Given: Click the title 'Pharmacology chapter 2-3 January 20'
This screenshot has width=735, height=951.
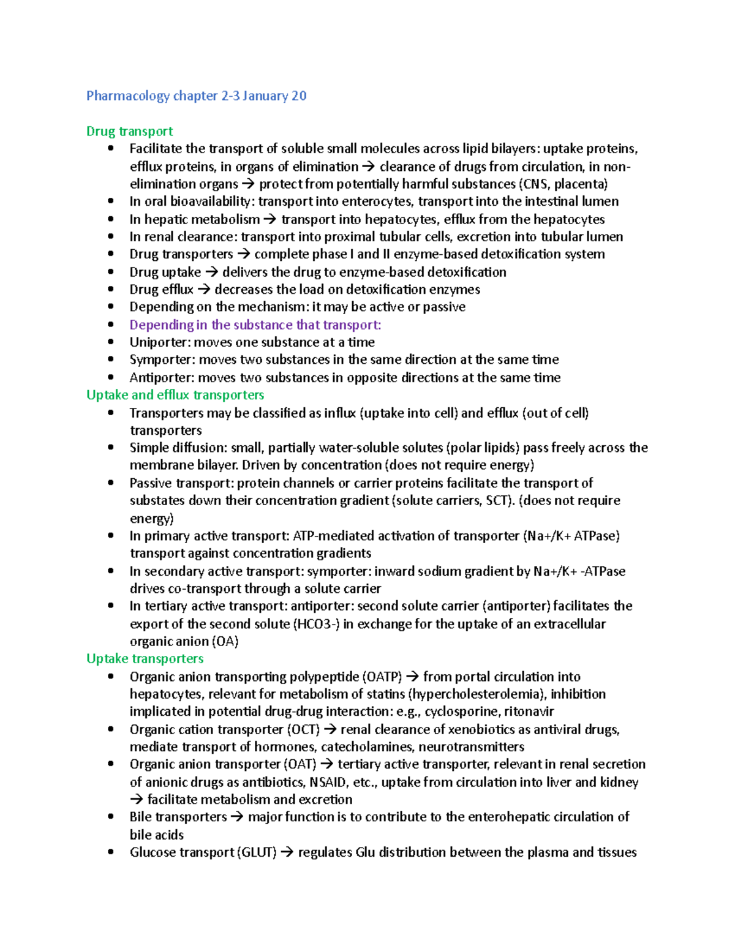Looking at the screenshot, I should pos(196,96).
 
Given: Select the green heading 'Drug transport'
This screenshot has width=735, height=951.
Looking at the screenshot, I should pos(129,131).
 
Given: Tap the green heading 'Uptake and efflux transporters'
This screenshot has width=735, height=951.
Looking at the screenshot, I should pos(175,395).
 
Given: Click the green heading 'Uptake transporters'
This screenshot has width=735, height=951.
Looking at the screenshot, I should pos(145,659).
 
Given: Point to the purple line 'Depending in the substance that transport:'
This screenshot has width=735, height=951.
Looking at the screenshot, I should pos(255,325).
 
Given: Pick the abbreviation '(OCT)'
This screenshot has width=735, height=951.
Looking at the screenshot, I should pos(303,729).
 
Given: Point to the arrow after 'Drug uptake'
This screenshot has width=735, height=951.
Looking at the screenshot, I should pos(211,272).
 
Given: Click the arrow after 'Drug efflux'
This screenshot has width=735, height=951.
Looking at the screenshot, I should pos(203,290).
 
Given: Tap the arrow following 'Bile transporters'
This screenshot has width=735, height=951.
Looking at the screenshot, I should pos(237,817).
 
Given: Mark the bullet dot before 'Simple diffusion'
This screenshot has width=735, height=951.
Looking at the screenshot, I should pos(110,448).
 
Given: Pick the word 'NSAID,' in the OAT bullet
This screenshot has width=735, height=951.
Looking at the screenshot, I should pos(327,782).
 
